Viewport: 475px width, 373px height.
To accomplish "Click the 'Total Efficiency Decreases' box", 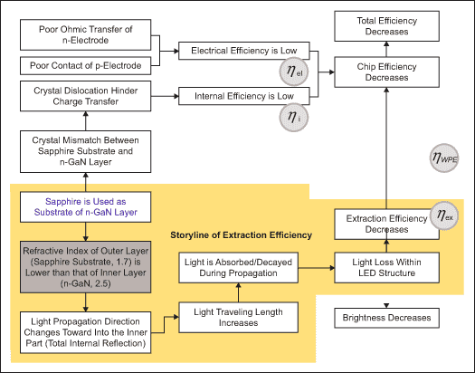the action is click(386, 26).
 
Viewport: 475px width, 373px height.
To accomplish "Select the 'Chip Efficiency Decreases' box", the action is click(386, 72).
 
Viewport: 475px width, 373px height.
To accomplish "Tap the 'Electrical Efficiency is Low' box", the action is click(244, 51).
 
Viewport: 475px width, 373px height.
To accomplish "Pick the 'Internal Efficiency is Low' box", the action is click(244, 96).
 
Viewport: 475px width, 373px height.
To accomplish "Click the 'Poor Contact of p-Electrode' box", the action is click(85, 65).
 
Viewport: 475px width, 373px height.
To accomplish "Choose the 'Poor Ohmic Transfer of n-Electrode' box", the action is click(85, 34).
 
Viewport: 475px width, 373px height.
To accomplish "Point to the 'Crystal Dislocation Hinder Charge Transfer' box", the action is click(85, 96).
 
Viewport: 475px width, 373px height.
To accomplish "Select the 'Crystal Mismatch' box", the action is click(85, 151).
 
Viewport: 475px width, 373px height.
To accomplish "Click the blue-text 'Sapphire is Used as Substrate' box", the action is click(85, 207).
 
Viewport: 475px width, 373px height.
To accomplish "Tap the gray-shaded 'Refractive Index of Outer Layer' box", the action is click(85, 267).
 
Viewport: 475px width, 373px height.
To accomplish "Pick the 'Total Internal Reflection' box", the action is click(85, 332).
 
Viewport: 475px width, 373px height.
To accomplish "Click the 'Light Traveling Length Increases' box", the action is click(239, 317).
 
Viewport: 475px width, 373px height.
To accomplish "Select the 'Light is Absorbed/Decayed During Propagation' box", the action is click(239, 268).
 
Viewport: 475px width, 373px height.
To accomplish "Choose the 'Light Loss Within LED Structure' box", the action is click(386, 268).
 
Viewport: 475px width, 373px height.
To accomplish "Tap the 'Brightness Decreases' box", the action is click(386, 318).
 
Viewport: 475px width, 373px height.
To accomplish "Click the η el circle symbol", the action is click(294, 72).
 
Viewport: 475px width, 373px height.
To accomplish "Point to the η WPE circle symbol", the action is click(444, 158).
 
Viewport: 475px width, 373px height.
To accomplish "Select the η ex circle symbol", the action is click(444, 215).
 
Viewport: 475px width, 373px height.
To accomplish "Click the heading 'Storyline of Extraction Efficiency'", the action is click(242, 235).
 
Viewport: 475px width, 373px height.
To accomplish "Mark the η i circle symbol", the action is click(294, 118).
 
